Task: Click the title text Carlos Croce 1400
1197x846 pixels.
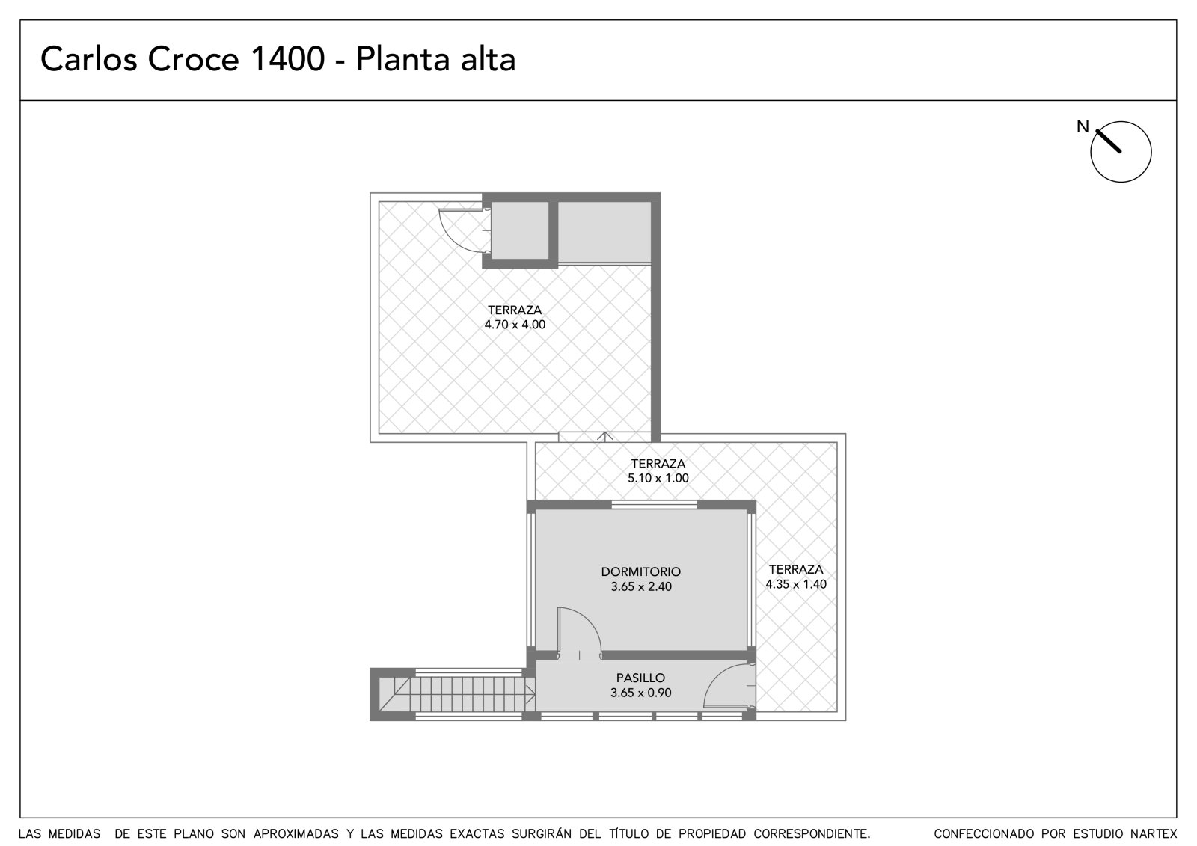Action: click(x=183, y=59)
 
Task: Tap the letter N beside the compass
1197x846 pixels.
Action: click(x=1082, y=126)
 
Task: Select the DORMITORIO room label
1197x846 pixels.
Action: click(x=640, y=571)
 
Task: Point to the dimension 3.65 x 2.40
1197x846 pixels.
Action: click(x=640, y=586)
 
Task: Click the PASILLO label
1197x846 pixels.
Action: click(x=640, y=678)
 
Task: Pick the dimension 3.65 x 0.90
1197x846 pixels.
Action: click(x=640, y=693)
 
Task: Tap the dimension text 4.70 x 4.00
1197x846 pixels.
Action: click(x=515, y=325)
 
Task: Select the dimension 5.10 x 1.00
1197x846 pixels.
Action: click(x=658, y=478)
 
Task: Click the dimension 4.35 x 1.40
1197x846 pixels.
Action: click(x=796, y=585)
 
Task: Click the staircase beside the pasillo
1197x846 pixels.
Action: click(x=457, y=694)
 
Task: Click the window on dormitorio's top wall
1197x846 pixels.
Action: click(x=654, y=504)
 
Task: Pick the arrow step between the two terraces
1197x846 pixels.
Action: click(x=604, y=437)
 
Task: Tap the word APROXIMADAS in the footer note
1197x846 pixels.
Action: click(x=296, y=834)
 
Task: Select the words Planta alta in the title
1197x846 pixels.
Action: click(x=435, y=59)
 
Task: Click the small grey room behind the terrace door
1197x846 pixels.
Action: click(x=520, y=230)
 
